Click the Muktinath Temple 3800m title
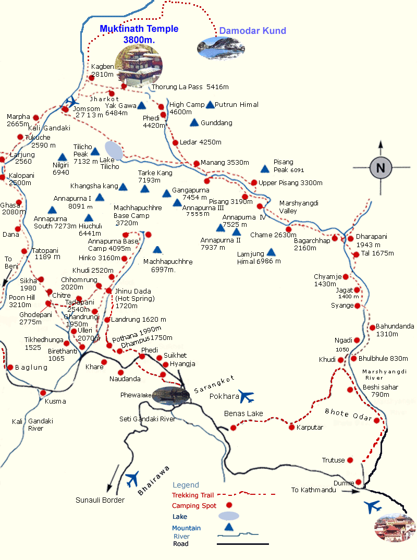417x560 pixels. [139, 34]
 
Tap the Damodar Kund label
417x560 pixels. [252, 31]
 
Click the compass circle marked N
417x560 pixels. [381, 167]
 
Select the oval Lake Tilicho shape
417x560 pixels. [114, 151]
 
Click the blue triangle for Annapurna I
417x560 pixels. [99, 198]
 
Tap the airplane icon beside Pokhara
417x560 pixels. [246, 396]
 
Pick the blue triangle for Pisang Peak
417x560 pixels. [265, 168]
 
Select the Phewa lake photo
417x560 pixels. [170, 395]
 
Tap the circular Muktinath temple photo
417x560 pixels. [138, 65]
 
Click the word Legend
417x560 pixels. [186, 485]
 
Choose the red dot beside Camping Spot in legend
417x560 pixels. [228, 505]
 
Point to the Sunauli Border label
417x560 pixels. [100, 500]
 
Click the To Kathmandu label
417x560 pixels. [313, 490]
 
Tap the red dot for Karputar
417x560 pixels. [291, 428]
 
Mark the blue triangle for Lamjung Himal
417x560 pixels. [271, 252]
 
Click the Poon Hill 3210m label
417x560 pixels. [21, 301]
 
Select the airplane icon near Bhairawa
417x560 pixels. [132, 477]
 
